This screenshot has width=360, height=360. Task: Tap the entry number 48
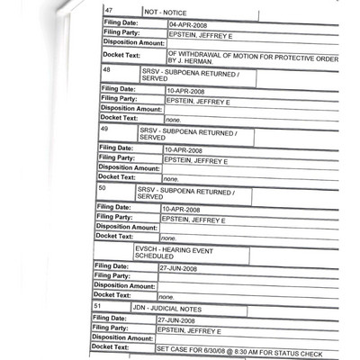pyautogui.click(x=107, y=69)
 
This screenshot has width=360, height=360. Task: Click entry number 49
pyautogui.click(x=104, y=130)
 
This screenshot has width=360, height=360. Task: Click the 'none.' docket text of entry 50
pyautogui.click(x=167, y=238)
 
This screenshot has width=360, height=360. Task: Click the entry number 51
pyautogui.click(x=97, y=307)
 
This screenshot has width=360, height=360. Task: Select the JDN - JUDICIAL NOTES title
pyautogui.click(x=166, y=308)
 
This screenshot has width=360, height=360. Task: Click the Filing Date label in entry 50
pyautogui.click(x=115, y=207)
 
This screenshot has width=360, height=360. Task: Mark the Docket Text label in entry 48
pyautogui.click(x=119, y=117)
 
